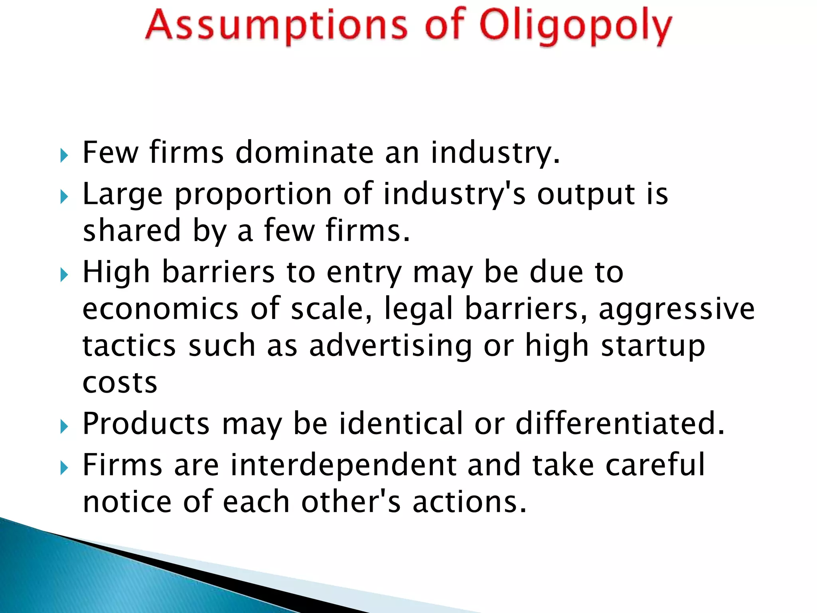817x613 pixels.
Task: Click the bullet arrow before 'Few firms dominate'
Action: click(64, 155)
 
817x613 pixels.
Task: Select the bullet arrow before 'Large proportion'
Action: click(64, 196)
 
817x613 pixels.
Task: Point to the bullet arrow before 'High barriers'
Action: click(64, 275)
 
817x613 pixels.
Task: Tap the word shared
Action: click(132, 231)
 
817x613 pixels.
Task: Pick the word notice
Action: click(127, 502)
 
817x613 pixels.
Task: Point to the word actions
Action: click(469, 502)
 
